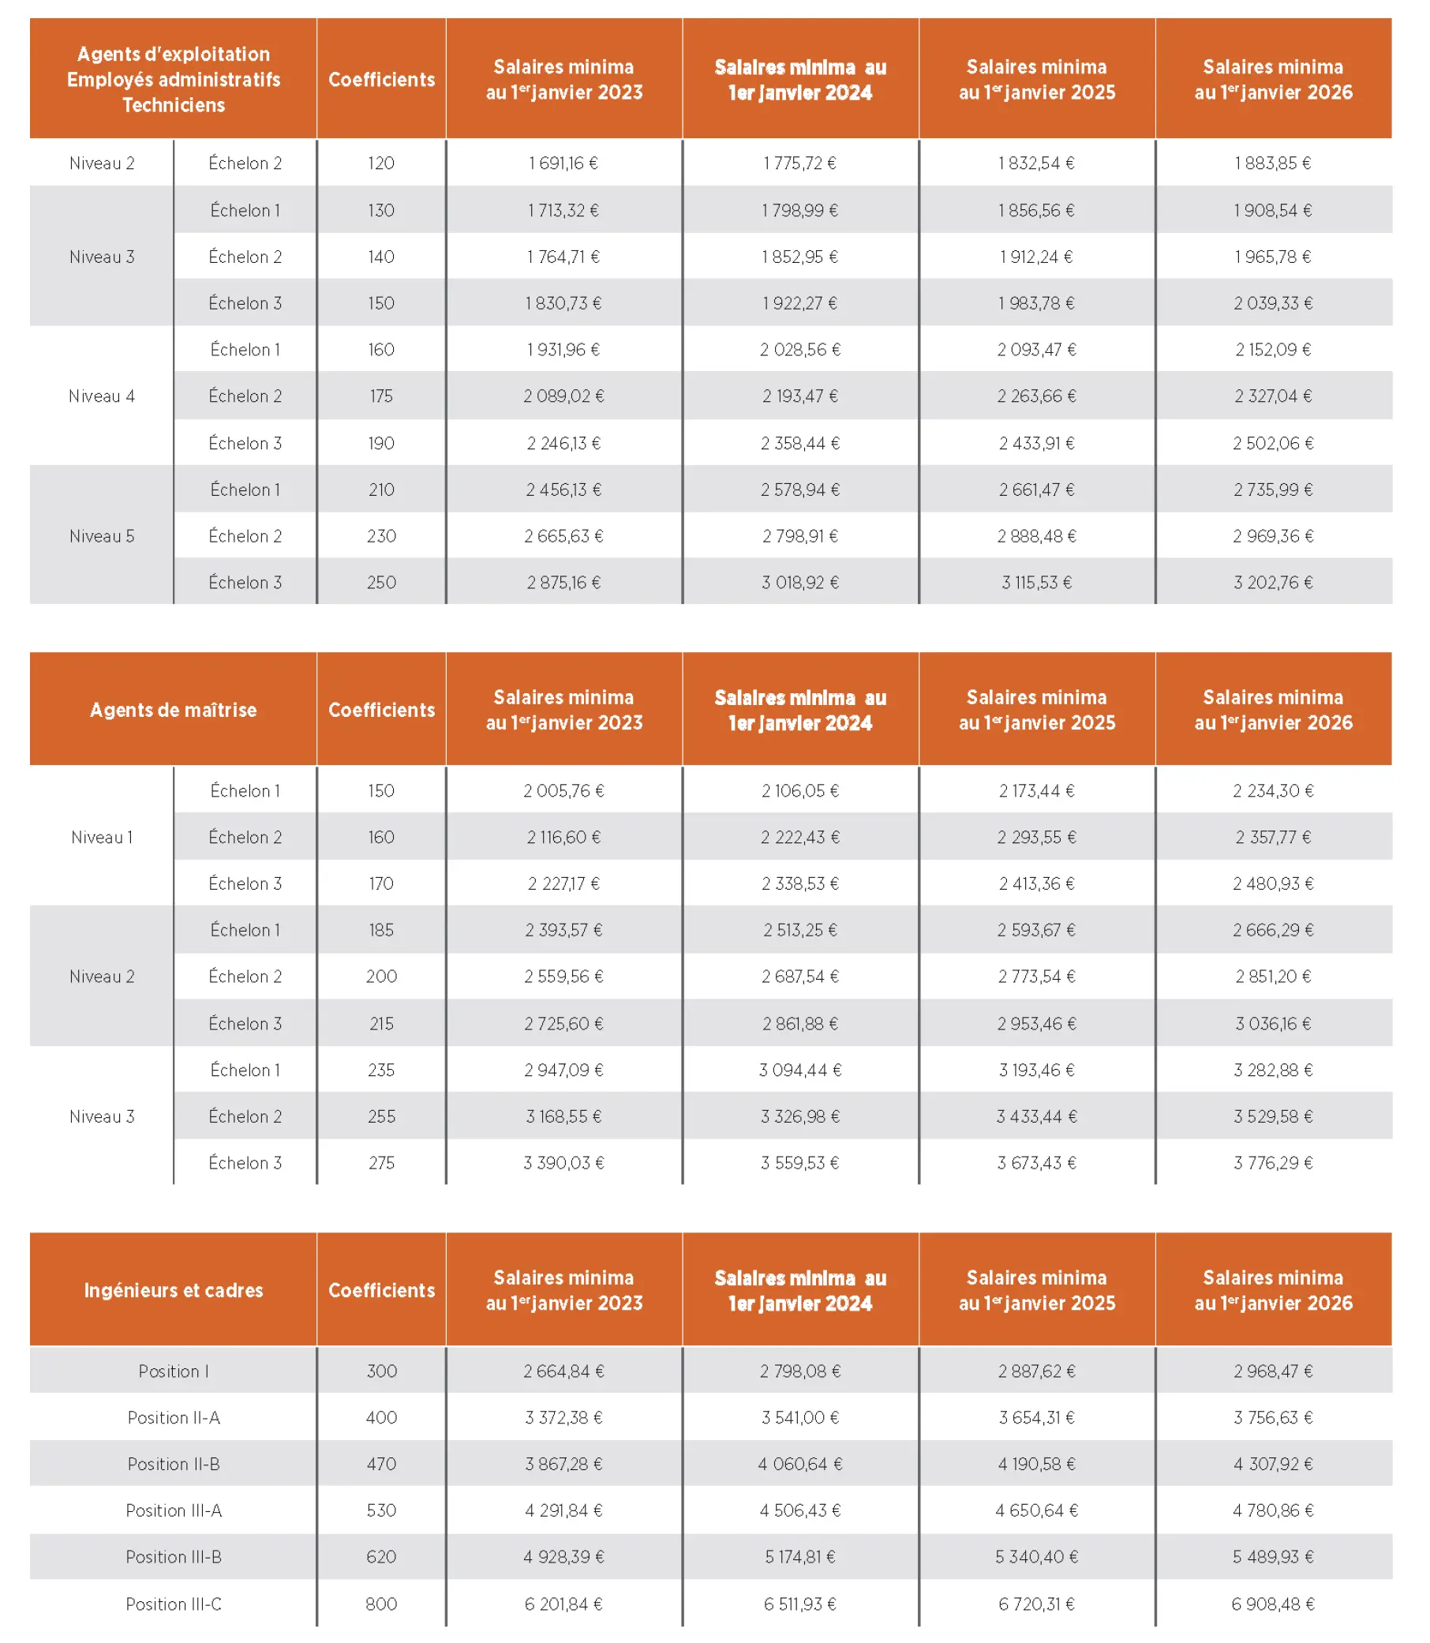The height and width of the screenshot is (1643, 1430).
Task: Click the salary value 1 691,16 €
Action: coord(563,163)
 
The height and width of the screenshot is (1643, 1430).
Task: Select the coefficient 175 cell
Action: coord(381,397)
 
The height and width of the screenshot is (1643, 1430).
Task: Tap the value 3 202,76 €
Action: coord(1273,583)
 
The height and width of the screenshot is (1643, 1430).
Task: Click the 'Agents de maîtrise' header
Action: coord(173,710)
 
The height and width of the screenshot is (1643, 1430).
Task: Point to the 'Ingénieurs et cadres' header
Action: coord(173,1290)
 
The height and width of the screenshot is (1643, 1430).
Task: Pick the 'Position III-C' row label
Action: coord(173,1604)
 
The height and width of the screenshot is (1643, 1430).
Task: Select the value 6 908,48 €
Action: coord(1273,1604)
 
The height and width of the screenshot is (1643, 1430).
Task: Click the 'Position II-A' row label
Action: coord(173,1418)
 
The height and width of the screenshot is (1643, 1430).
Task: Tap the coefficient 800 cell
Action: coord(381,1604)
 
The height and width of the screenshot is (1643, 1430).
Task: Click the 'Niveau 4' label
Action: coord(101,397)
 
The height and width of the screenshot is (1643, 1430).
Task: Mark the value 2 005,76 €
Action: coord(563,791)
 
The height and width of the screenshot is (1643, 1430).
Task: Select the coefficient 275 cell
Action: coord(381,1163)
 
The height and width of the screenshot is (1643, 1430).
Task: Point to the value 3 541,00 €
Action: coord(799,1418)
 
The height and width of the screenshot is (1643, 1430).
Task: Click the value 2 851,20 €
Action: coord(1273,977)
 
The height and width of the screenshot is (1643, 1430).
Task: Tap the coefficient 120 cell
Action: coord(381,163)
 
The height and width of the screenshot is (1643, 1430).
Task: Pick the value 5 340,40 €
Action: coord(1036,1557)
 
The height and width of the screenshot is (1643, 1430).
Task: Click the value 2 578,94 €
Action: coord(799,490)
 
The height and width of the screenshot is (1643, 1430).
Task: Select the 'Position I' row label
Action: coord(173,1371)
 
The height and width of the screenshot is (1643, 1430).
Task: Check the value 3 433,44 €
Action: coord(1036,1117)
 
